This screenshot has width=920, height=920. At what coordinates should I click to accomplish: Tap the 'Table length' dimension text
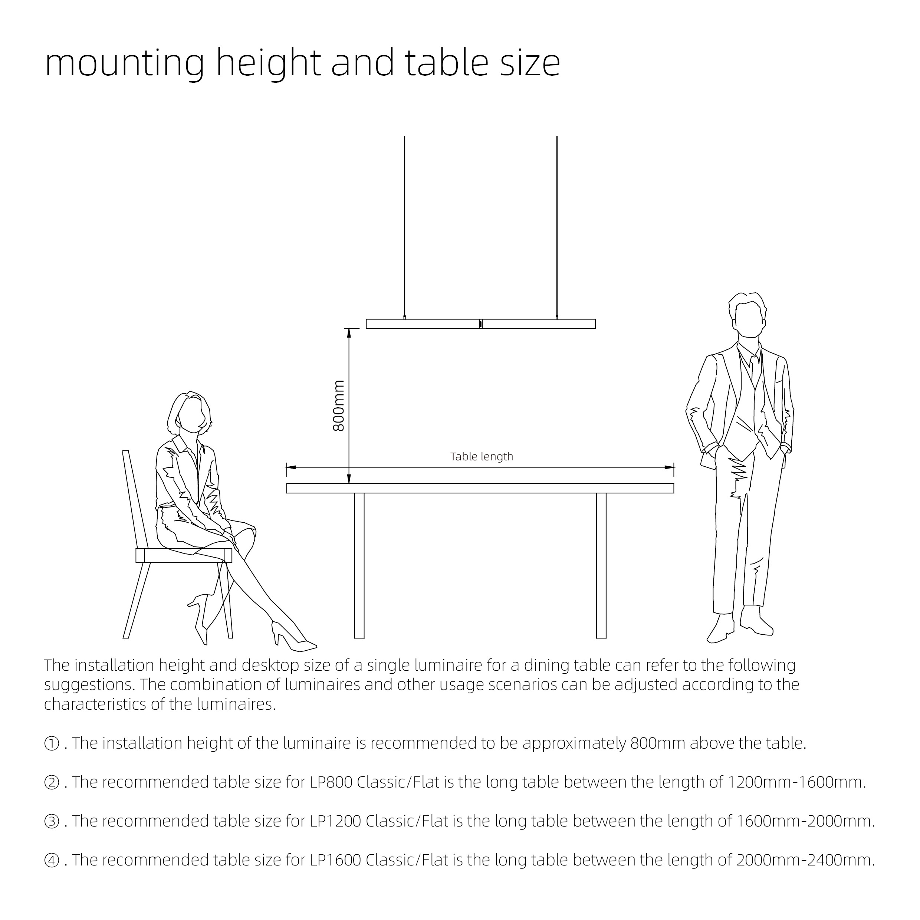[x=482, y=457]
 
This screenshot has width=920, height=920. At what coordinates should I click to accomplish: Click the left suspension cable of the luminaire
[x=404, y=224]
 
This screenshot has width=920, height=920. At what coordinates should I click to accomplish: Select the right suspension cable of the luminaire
[x=557, y=224]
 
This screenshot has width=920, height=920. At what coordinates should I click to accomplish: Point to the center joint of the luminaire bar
[x=480, y=324]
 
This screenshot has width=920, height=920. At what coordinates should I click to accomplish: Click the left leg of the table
[x=359, y=565]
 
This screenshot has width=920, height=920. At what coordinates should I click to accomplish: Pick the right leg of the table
[x=601, y=565]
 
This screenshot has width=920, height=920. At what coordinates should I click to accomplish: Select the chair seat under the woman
[x=184, y=556]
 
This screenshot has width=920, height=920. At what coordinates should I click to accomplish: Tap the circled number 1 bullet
[x=52, y=743]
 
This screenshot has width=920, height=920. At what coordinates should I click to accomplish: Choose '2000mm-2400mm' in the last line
[x=805, y=860]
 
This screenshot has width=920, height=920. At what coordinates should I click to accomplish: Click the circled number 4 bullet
[x=52, y=860]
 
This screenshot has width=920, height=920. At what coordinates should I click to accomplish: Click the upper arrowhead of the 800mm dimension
[x=349, y=332]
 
